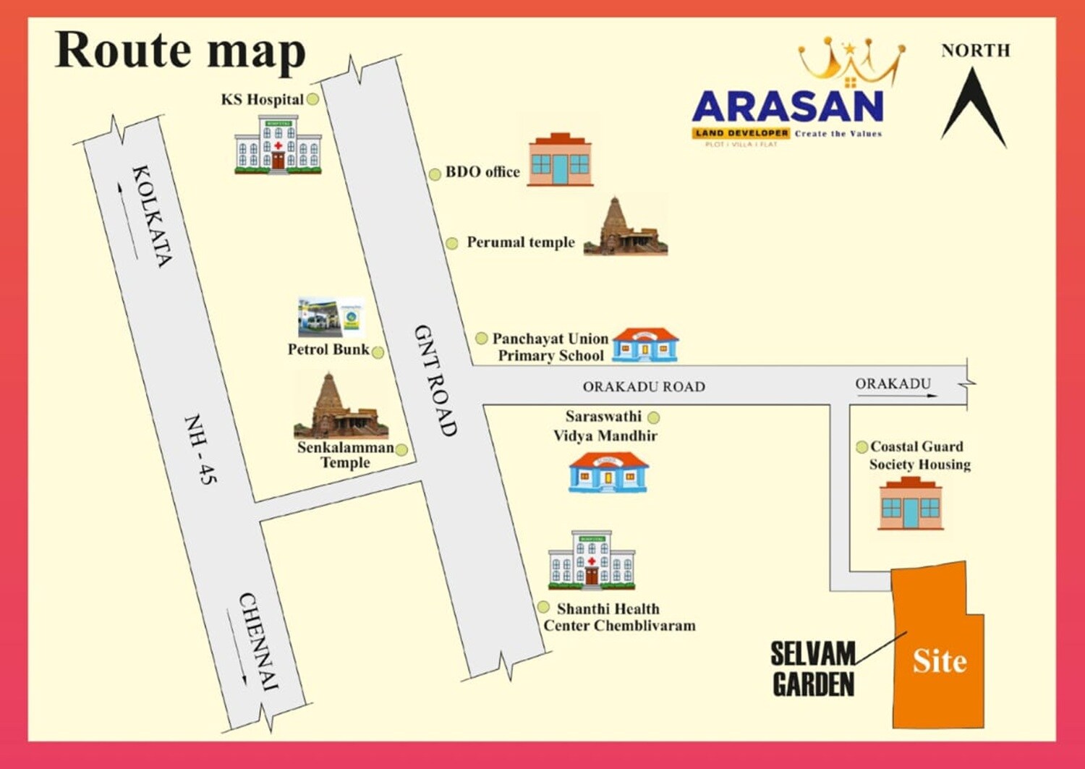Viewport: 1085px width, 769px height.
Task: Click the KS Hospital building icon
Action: coord(278,145)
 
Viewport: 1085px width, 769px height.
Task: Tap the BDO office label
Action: coord(482,172)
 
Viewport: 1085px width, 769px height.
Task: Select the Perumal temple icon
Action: coord(626,228)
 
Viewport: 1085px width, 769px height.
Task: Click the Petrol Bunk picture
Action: coord(331,318)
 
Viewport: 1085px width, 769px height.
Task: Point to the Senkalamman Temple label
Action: coord(345,455)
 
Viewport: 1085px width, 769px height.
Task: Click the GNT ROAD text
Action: coord(435,380)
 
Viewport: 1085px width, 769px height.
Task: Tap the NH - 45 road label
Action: coord(200,449)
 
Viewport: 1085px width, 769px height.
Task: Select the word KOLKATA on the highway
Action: coord(152,216)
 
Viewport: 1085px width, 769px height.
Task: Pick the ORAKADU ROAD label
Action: coord(644,387)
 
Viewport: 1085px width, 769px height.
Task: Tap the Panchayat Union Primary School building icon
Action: coord(644,345)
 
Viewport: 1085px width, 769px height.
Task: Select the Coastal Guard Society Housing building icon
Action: coord(911,504)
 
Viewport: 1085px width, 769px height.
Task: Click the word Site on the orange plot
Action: coord(939,660)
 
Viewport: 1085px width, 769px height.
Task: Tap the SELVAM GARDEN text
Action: coord(813,669)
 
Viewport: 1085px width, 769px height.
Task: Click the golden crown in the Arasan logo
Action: coord(851,62)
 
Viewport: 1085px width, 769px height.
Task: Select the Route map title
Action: coord(180,51)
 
